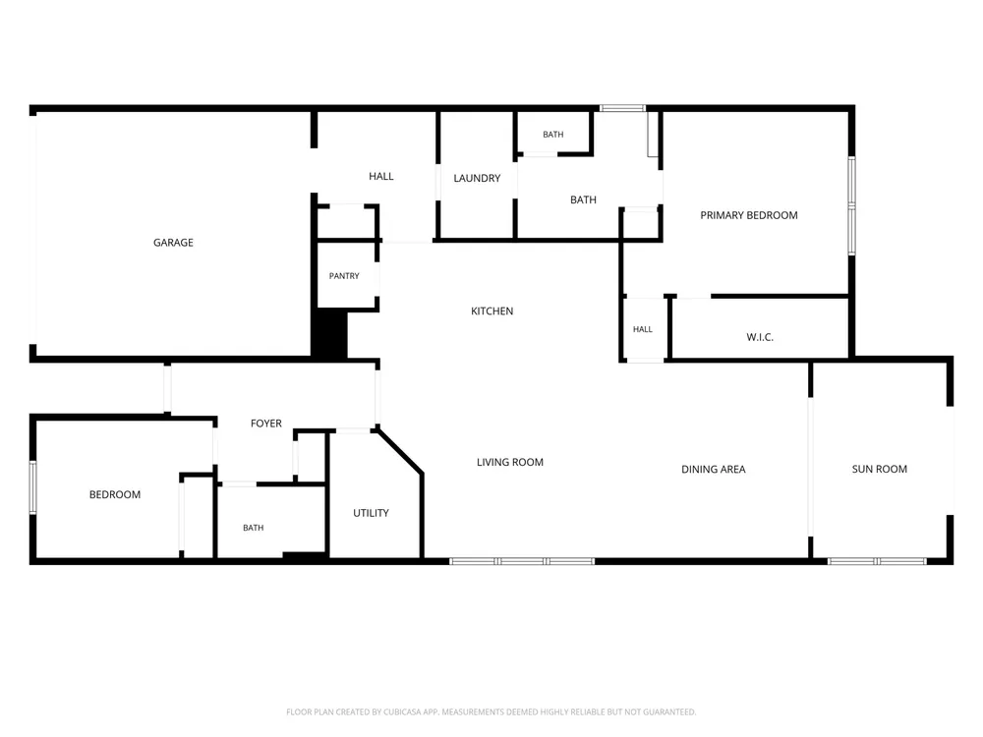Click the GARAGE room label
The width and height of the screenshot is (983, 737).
point(173,243)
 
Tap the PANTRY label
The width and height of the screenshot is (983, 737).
point(344,276)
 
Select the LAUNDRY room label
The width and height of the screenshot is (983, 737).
point(477,178)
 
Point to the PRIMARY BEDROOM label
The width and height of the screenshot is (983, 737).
point(749,215)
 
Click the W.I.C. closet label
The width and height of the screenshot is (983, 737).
point(760,337)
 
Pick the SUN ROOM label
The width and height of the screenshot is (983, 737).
point(880,469)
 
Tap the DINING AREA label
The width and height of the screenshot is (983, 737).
point(714,469)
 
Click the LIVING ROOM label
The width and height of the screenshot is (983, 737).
point(509,462)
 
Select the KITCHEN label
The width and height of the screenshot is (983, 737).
point(492,311)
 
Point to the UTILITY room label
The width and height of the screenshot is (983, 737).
point(372,513)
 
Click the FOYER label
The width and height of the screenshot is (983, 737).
point(266,423)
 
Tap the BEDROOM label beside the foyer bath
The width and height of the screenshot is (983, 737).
point(115,494)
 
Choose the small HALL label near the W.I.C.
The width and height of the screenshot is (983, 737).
point(643,329)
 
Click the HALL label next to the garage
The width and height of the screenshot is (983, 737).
point(381,176)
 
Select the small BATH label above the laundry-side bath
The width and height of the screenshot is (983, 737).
point(552,134)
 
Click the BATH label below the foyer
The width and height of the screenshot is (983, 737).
point(254,528)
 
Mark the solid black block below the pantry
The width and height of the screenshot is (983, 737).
point(329,335)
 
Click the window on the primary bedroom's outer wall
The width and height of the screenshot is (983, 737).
point(851,205)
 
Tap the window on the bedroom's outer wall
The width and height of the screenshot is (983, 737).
point(33,487)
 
